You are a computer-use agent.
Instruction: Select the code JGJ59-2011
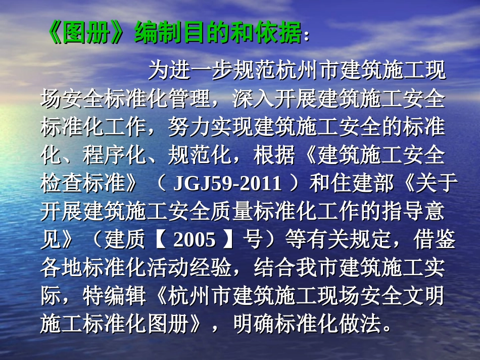tap(228, 183)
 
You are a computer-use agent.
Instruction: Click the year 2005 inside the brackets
tap(195, 240)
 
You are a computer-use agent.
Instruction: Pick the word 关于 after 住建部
tap(435, 183)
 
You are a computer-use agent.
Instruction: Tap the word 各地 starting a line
tap(61, 268)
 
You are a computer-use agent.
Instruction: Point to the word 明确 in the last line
tap(253, 325)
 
